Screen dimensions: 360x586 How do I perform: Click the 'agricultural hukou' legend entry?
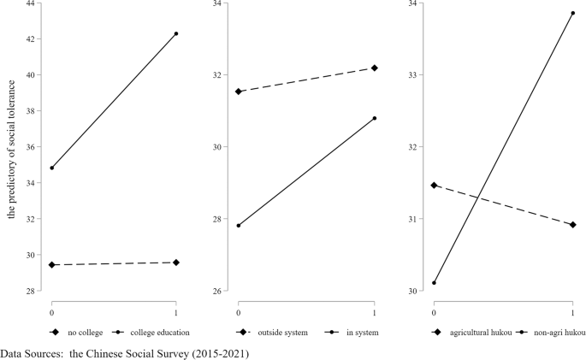tap(476, 332)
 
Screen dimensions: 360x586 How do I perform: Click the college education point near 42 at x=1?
tap(176, 33)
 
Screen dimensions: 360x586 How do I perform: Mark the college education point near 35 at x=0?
tap(52, 168)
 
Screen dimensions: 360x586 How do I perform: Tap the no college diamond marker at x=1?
tap(176, 263)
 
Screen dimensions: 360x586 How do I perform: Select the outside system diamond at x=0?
tap(239, 91)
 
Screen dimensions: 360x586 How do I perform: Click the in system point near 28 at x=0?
tap(239, 226)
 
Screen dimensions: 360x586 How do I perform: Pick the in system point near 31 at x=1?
tap(375, 118)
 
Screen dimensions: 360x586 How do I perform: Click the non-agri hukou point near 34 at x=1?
tap(572, 13)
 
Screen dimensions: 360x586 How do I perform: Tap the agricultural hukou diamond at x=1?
tap(572, 225)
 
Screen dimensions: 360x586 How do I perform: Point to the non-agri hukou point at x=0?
tap(435, 283)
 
